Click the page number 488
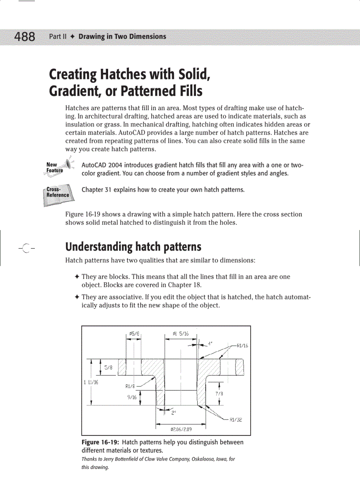click(25, 37)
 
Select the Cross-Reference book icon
click(57, 194)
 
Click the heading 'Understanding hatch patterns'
click(133, 246)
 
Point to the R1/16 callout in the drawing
click(242, 346)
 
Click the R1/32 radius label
click(236, 420)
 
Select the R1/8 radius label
click(130, 386)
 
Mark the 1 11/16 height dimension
click(90, 382)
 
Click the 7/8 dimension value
click(219, 394)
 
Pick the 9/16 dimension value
click(131, 397)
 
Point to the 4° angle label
click(210, 341)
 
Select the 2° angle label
click(174, 413)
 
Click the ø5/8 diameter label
click(134, 334)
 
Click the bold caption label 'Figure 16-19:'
click(101, 442)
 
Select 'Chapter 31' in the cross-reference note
click(97, 190)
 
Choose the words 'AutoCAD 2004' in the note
click(100, 165)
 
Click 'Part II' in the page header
click(57, 37)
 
